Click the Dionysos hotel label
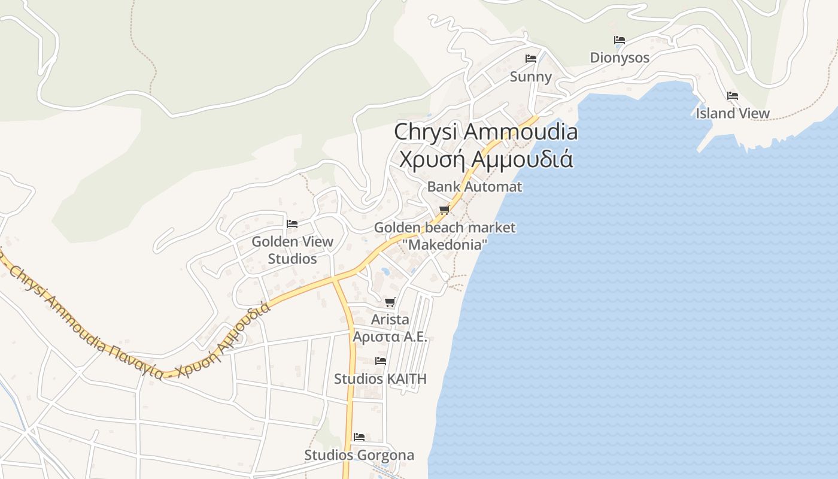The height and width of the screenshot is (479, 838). click(620, 57)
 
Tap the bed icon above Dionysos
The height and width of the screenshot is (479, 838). click(620, 40)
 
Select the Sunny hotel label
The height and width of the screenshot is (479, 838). click(530, 77)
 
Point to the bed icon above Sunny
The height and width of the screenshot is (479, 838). click(530, 59)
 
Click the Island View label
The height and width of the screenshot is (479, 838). click(733, 113)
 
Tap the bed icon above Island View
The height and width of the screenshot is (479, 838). click(733, 96)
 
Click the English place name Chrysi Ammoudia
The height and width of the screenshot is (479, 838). click(485, 132)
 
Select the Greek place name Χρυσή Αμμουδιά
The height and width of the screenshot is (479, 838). click(486, 160)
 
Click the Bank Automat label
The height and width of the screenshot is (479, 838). click(474, 187)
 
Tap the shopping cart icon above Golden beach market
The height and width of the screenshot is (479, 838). click(444, 210)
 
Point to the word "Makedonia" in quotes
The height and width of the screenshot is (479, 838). click(445, 244)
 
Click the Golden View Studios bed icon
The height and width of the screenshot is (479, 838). click(292, 224)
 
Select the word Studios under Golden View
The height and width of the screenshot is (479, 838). click(292, 259)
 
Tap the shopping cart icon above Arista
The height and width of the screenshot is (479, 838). click(390, 302)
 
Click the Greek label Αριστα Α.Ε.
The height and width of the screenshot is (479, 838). click(390, 336)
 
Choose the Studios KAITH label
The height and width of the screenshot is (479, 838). click(380, 379)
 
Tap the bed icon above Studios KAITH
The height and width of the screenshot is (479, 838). click(380, 361)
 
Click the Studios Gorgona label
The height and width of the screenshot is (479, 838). click(359, 455)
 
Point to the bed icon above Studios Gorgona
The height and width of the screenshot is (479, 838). click(359, 437)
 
